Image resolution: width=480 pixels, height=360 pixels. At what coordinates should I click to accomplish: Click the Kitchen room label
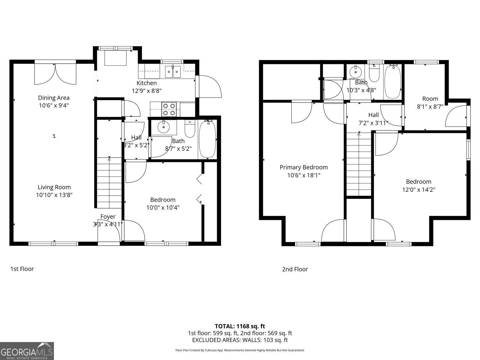(x=146, y=83)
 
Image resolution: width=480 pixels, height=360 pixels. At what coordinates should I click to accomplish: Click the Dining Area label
(x=54, y=98)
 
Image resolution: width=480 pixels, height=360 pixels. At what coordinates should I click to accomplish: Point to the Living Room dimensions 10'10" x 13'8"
(x=54, y=195)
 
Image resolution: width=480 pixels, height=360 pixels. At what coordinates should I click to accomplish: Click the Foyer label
(x=108, y=217)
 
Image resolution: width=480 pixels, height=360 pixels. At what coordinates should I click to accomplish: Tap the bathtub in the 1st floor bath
(x=207, y=139)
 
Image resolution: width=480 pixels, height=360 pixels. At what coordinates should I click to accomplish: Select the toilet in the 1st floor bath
(x=190, y=129)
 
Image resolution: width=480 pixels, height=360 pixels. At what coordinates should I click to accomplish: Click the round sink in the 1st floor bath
(x=163, y=127)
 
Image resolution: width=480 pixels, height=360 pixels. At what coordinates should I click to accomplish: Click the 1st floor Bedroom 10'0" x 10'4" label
(x=163, y=200)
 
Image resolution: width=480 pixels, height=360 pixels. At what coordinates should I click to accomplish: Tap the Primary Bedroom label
(x=304, y=167)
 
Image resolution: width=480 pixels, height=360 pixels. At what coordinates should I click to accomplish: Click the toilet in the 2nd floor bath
(x=374, y=73)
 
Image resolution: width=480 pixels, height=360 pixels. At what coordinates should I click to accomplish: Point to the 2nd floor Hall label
(x=373, y=115)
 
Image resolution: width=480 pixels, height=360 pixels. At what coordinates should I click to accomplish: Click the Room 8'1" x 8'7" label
(x=430, y=99)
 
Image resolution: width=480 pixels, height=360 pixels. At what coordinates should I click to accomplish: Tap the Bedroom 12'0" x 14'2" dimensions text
(x=418, y=190)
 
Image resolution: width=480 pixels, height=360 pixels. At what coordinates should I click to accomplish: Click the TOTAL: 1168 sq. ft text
(x=240, y=326)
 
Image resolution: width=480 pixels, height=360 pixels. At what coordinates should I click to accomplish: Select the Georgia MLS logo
(x=27, y=351)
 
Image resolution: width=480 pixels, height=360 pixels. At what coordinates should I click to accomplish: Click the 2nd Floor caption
(x=295, y=269)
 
